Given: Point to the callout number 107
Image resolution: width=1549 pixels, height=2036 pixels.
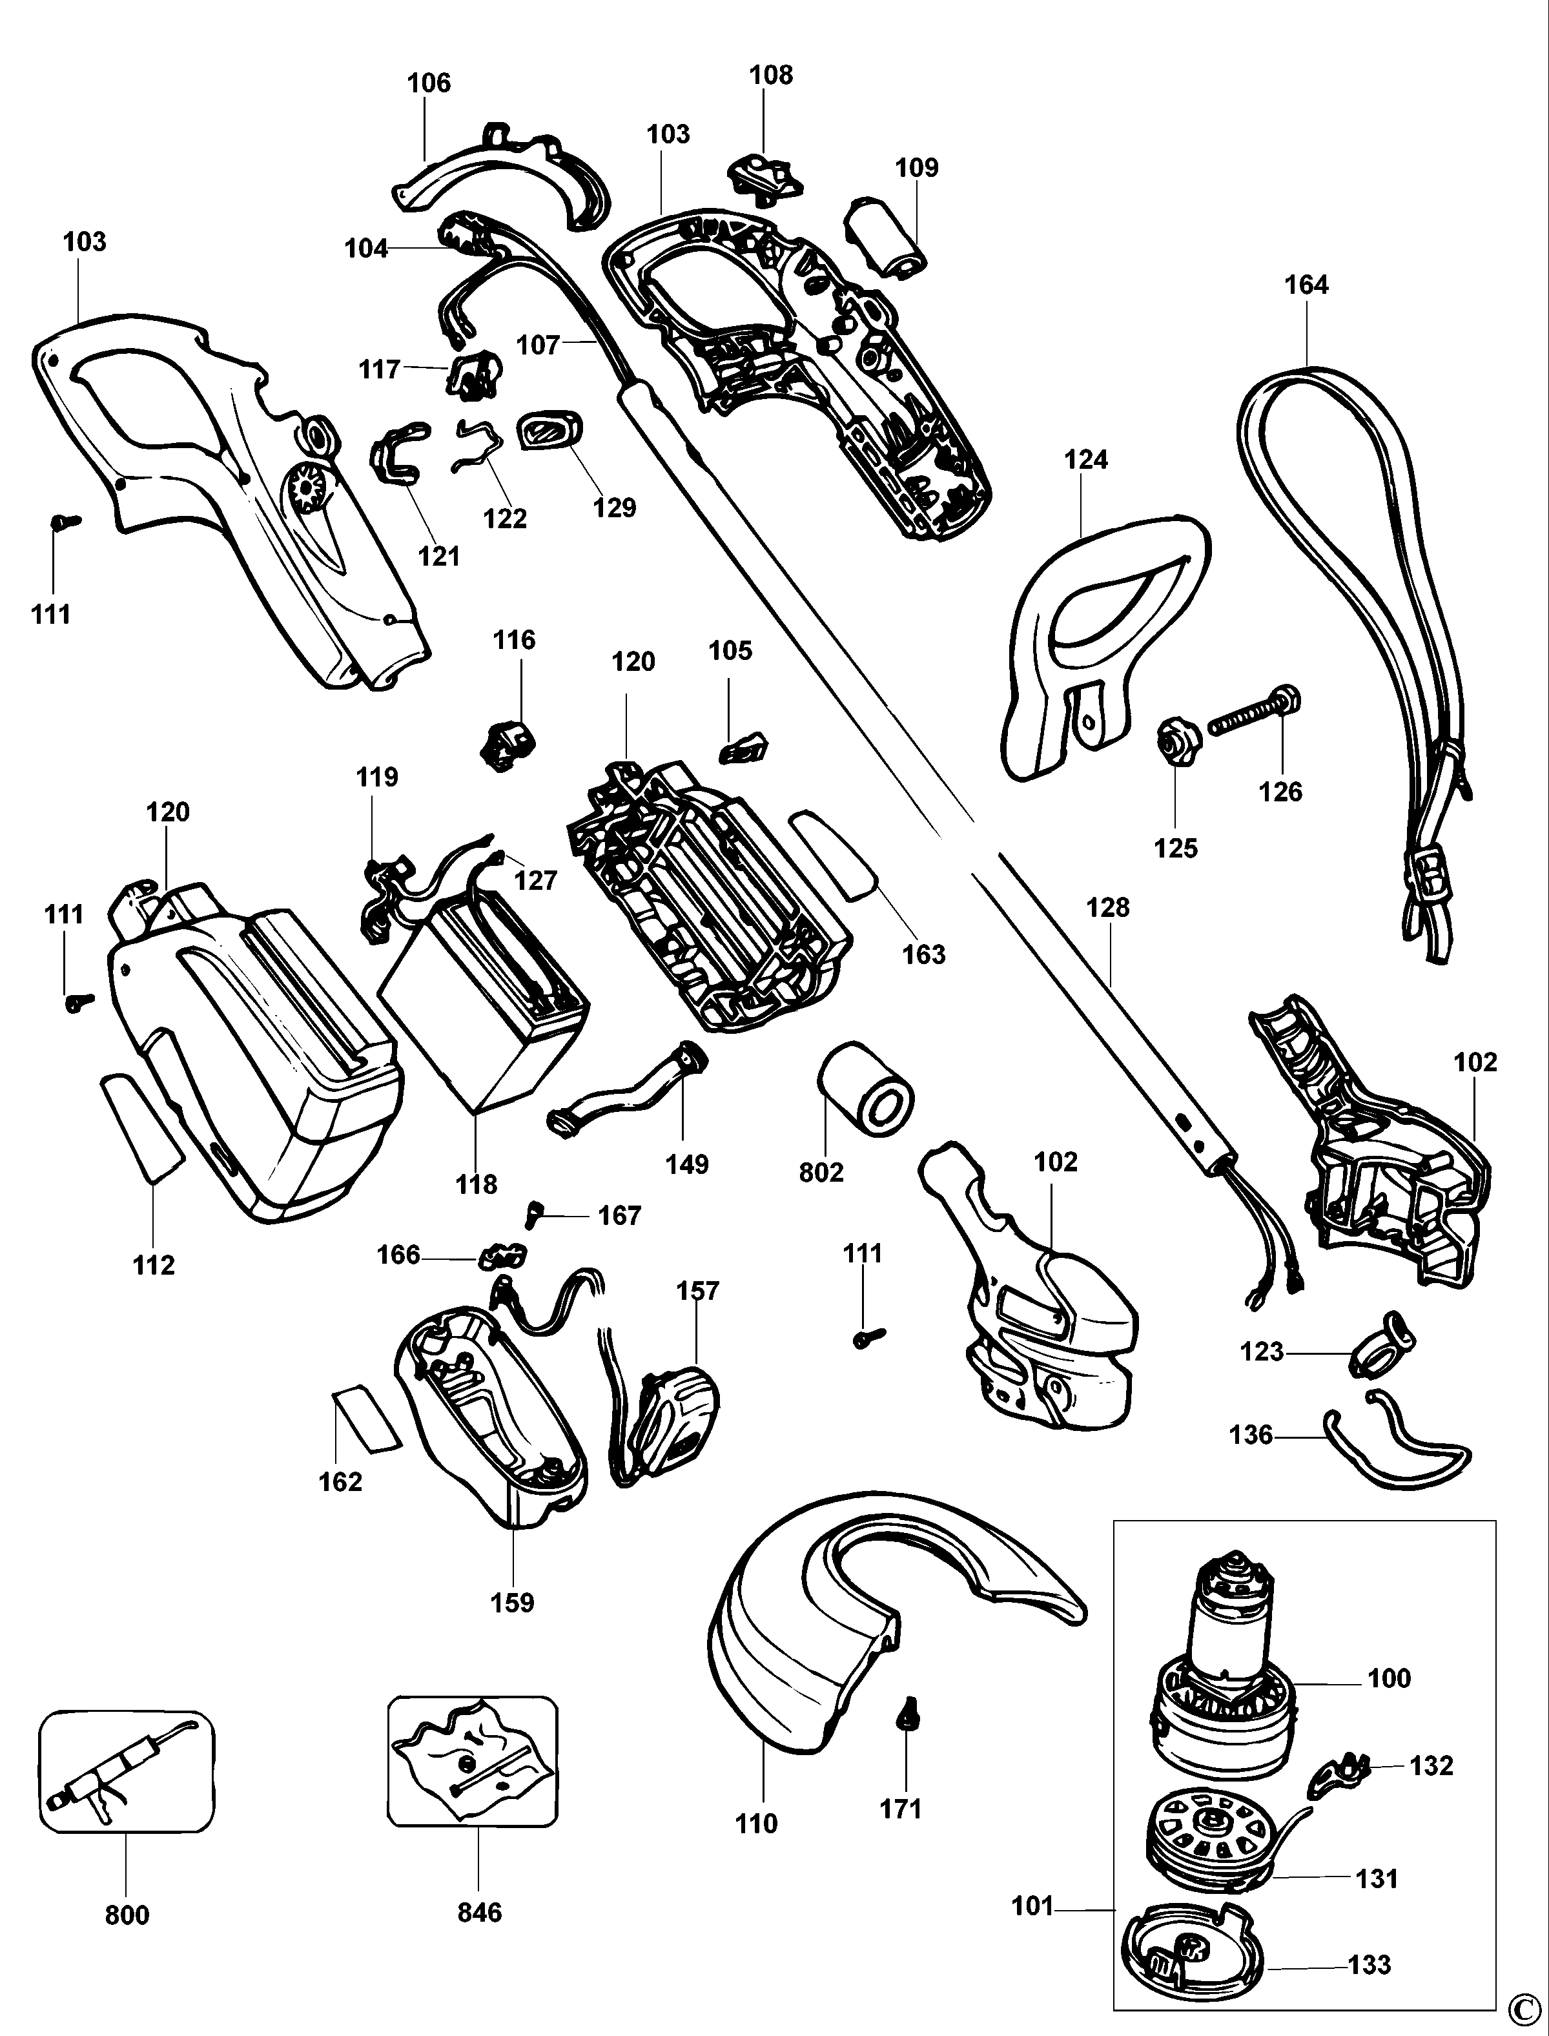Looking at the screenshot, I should click(x=539, y=345).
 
